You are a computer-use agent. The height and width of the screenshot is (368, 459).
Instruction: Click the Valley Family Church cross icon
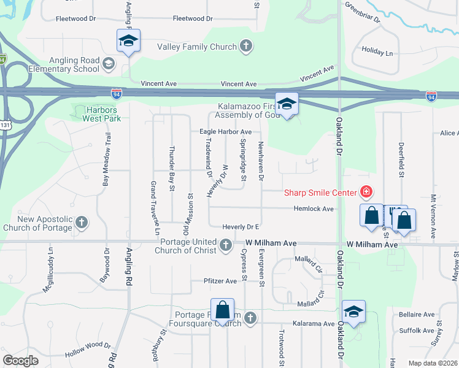point(246,47)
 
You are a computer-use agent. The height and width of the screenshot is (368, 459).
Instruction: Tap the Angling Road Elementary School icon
point(109,63)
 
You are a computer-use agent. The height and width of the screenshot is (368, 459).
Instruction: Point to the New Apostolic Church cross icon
point(81,223)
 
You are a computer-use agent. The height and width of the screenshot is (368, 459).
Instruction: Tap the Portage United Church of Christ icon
point(226,247)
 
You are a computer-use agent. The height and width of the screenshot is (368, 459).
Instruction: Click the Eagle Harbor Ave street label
point(225,132)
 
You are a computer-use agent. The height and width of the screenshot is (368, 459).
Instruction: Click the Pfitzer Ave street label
point(220,281)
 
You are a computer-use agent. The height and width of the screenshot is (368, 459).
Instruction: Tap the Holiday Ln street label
point(377,53)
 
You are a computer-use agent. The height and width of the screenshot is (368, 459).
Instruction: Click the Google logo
point(20,361)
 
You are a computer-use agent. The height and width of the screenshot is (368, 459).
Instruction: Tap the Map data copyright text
point(433,362)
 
